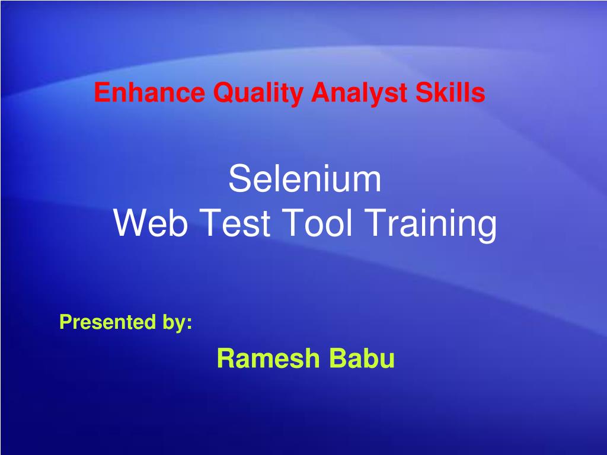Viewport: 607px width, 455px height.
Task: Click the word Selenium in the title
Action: pos(305,179)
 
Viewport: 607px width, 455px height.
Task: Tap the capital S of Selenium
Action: pos(239,179)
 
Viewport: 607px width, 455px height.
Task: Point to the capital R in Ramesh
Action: pos(225,358)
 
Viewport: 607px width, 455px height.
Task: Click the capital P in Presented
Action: pos(65,322)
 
